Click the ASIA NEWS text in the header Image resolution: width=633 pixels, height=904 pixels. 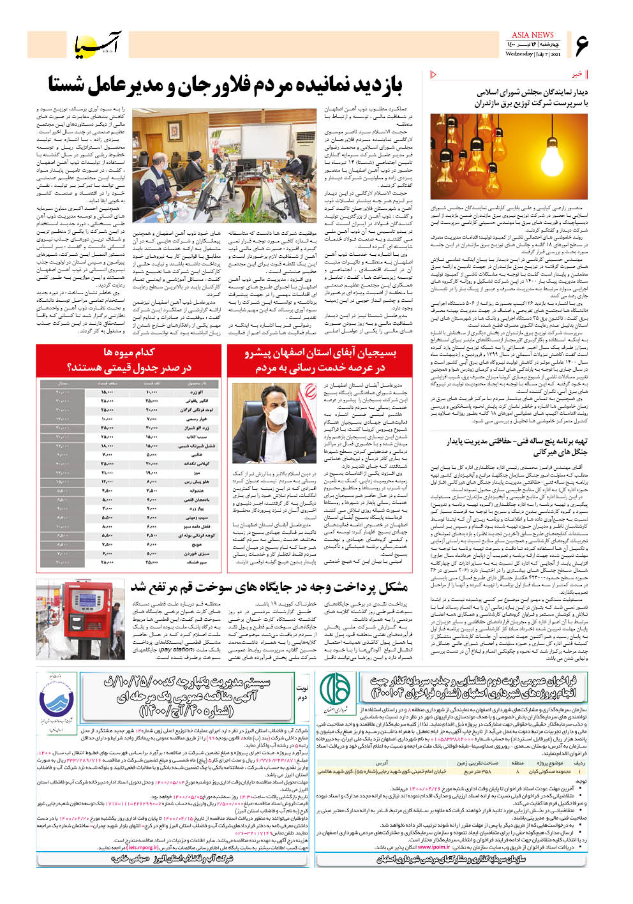tap(532, 34)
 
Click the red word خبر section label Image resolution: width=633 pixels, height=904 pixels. tap(576, 75)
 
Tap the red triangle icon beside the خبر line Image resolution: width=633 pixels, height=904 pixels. tap(435, 75)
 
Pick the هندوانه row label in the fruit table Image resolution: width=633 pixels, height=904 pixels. tap(194, 491)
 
